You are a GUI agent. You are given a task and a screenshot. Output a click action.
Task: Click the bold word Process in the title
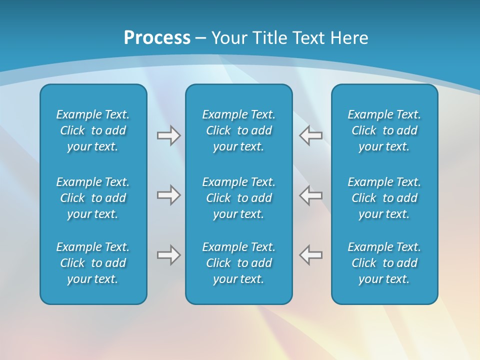(x=157, y=38)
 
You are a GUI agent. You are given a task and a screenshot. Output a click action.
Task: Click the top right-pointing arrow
(x=168, y=135)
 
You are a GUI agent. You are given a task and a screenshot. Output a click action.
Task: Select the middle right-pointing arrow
(x=168, y=195)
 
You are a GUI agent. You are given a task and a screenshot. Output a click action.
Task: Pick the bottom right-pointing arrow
(x=168, y=255)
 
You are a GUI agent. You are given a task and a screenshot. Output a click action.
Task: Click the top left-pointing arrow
(x=310, y=135)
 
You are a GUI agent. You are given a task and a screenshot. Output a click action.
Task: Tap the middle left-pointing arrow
(x=310, y=195)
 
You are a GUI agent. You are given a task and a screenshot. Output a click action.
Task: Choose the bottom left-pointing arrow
(x=310, y=255)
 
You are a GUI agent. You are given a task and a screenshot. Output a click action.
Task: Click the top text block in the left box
(x=93, y=130)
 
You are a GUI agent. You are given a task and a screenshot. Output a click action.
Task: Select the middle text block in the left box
(x=93, y=198)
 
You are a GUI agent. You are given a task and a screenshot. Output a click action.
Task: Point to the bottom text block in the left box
(x=93, y=263)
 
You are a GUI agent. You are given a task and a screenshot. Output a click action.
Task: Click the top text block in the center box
(x=238, y=130)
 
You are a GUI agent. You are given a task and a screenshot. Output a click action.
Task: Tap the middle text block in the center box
(x=238, y=198)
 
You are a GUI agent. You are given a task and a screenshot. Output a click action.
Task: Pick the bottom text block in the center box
(x=238, y=263)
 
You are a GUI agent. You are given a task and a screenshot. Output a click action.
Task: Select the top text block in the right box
(x=384, y=130)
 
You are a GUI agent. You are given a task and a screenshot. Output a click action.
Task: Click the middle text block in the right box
(x=384, y=198)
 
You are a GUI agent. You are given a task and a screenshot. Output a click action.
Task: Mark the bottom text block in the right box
(x=384, y=263)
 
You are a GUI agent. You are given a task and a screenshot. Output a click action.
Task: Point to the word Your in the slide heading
(x=228, y=38)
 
